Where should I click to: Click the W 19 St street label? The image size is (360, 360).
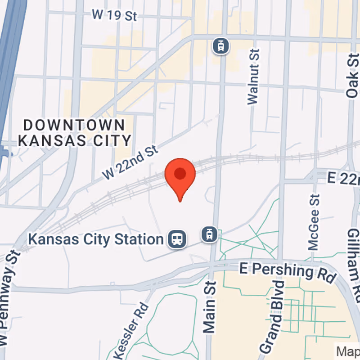click(x=114, y=15)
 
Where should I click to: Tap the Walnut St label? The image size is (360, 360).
click(x=254, y=77)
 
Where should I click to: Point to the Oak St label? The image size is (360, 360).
click(x=352, y=75)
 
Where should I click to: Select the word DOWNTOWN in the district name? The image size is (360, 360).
click(x=74, y=125)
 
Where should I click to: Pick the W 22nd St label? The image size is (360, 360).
click(x=131, y=162)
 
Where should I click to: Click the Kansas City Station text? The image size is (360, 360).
click(x=95, y=239)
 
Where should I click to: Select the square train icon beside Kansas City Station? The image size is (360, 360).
click(x=177, y=239)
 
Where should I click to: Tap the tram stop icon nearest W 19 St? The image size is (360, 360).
click(x=221, y=45)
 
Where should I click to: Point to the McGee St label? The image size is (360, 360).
click(x=314, y=222)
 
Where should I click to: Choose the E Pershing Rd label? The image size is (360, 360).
click(x=288, y=271)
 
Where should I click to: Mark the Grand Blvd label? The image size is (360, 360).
click(x=273, y=317)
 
